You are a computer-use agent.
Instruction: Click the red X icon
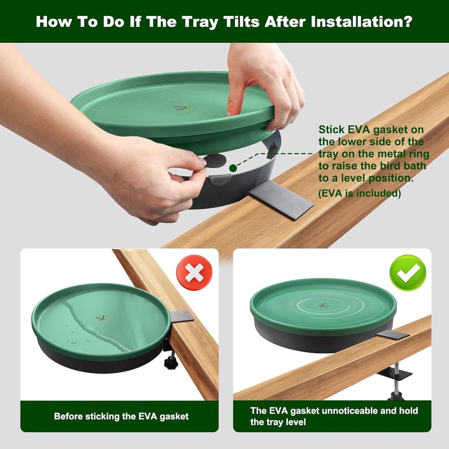(x=194, y=273)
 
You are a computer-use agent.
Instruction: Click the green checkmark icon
(x=408, y=273)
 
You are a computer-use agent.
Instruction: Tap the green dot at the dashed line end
(x=233, y=168)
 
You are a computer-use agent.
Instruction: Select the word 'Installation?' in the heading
(x=361, y=22)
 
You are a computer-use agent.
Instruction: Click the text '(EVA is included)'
(x=360, y=193)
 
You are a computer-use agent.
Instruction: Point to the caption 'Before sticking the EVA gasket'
(x=121, y=416)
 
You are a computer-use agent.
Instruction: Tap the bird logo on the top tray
(x=183, y=108)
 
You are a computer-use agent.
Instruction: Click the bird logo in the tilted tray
(x=102, y=318)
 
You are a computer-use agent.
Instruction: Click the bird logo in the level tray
(x=323, y=305)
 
